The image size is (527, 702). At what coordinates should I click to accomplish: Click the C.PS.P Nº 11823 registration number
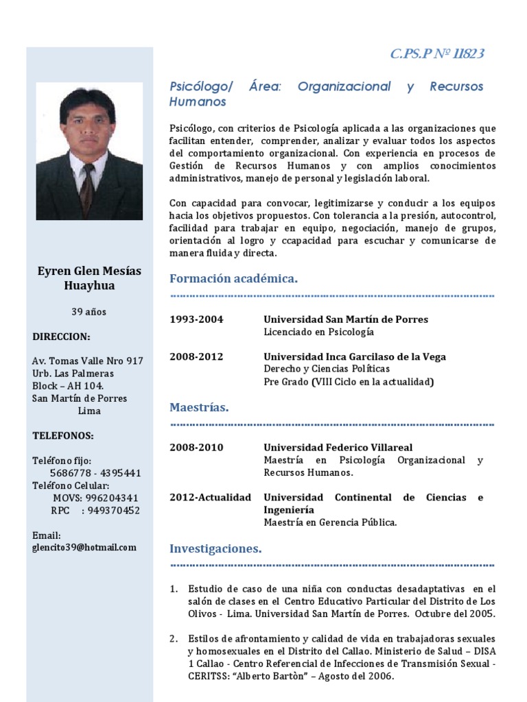(437, 54)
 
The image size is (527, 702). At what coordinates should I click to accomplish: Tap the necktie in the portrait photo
(87, 189)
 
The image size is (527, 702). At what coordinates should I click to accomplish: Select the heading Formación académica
(233, 278)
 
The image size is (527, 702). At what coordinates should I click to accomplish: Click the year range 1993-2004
(196, 319)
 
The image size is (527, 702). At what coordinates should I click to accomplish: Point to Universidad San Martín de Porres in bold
(346, 319)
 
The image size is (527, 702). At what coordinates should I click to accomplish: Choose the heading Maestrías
(199, 407)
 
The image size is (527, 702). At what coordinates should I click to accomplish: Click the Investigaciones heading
(215, 548)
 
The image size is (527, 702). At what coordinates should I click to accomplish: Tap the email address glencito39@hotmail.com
(84, 547)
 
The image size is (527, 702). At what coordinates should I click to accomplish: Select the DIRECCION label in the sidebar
(61, 337)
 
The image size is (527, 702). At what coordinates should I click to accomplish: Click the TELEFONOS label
(63, 435)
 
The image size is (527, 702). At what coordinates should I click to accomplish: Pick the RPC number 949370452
(114, 510)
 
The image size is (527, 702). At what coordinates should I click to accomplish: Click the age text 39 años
(89, 312)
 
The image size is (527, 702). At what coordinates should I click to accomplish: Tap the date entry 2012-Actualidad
(210, 497)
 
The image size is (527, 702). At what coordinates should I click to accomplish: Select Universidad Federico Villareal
(338, 448)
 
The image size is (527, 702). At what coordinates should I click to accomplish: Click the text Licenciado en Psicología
(319, 332)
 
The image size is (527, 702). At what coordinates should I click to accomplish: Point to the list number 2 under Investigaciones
(173, 639)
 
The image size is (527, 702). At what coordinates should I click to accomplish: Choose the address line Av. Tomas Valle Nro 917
(88, 361)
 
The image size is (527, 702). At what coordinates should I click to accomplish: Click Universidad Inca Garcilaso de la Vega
(355, 356)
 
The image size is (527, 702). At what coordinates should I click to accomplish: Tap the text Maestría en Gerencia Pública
(330, 522)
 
